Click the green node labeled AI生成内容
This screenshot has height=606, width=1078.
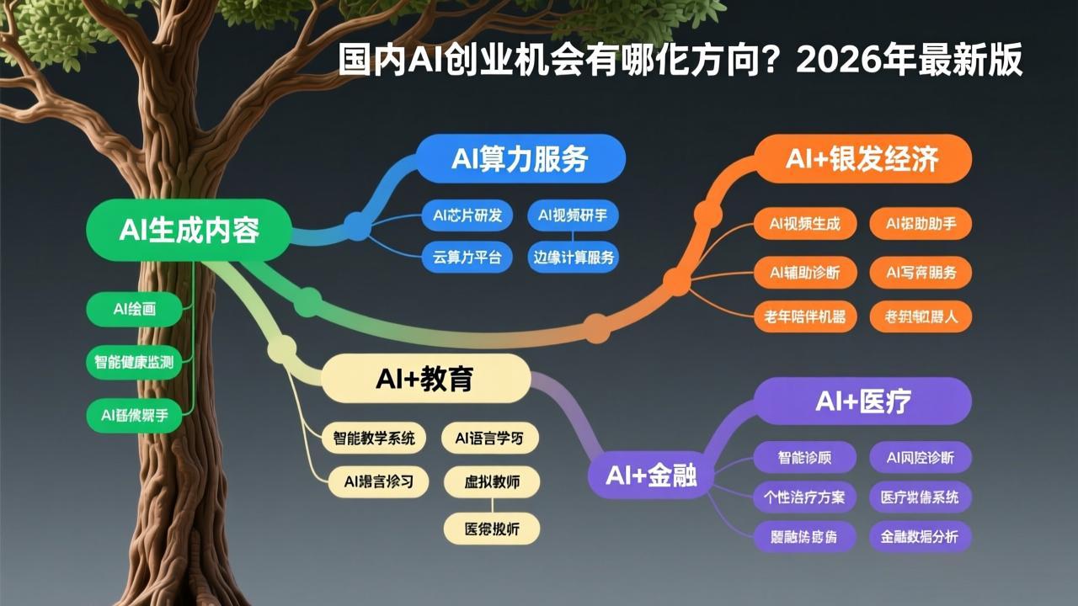[x=189, y=230]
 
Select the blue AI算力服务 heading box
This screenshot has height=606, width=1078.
[x=520, y=159]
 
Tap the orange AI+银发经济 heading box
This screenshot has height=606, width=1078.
[x=862, y=159]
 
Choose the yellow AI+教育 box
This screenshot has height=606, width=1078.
[x=424, y=379]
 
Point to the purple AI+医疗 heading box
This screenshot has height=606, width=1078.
[x=862, y=401]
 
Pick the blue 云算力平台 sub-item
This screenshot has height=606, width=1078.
[x=467, y=258]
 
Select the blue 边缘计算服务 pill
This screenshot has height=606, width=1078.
[x=574, y=258]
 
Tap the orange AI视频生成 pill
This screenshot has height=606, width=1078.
[x=804, y=224]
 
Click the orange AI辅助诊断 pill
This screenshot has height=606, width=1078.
[x=804, y=272]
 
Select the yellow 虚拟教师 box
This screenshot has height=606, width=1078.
[x=492, y=482]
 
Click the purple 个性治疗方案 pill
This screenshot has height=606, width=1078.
[x=804, y=497]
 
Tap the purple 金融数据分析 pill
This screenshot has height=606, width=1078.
[x=920, y=537]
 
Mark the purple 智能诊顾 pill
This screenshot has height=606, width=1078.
[x=804, y=458]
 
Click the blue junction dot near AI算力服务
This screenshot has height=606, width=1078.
[x=357, y=224]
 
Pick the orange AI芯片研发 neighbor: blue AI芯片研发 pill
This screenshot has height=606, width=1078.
[x=467, y=215]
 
